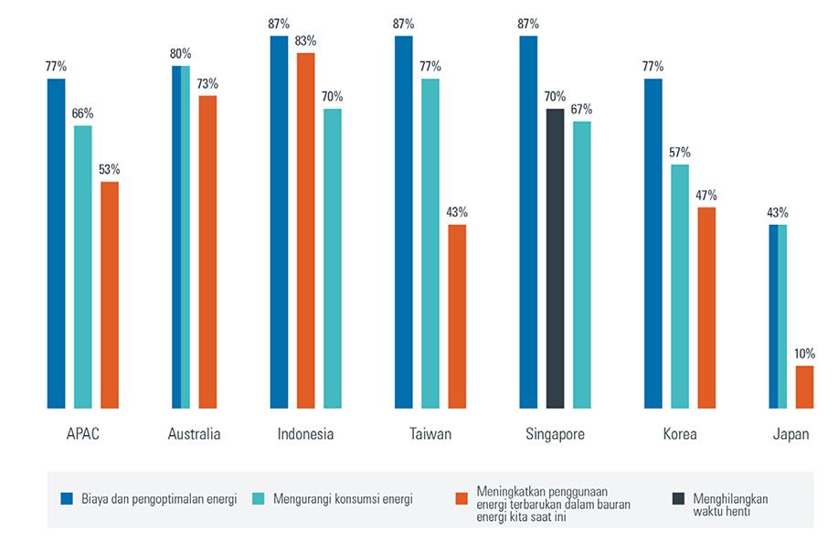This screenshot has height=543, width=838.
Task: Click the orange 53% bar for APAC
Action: (110, 294)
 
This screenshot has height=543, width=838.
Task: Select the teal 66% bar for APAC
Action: (83, 266)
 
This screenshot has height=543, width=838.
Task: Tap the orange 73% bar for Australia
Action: (207, 251)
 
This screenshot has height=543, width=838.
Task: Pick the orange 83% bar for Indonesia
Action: (305, 230)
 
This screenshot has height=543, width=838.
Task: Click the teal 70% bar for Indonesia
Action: (333, 258)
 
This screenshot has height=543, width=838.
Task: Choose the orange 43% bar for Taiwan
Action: (457, 315)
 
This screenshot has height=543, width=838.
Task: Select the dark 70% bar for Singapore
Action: (555, 258)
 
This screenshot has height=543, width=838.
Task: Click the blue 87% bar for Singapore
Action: (528, 222)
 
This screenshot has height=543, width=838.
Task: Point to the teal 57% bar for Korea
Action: (679, 286)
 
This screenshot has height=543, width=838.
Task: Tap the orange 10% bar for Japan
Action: (804, 387)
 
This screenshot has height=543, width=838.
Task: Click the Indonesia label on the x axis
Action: (305, 434)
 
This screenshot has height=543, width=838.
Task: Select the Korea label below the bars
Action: (680, 434)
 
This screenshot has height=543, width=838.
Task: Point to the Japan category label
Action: (790, 434)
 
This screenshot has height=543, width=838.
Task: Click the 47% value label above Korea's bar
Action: (705, 195)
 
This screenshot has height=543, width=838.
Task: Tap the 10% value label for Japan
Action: (804, 354)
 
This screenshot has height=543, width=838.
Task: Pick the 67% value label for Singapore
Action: (581, 109)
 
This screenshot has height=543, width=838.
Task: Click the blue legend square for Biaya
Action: (66, 498)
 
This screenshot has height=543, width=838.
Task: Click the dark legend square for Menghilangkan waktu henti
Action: (678, 498)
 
